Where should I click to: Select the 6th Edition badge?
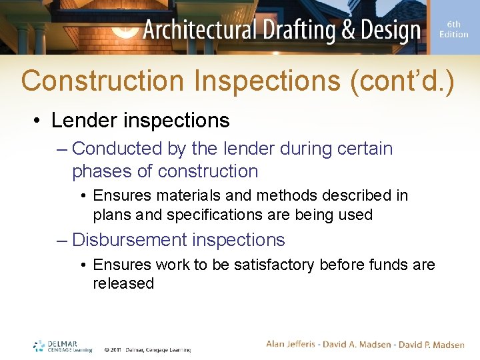click(x=453, y=29)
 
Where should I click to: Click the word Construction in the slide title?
click(x=102, y=81)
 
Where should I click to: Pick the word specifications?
click(x=209, y=215)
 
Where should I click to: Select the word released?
click(x=123, y=283)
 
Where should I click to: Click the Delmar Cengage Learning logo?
click(x=63, y=346)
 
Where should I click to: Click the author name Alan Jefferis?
click(x=294, y=344)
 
